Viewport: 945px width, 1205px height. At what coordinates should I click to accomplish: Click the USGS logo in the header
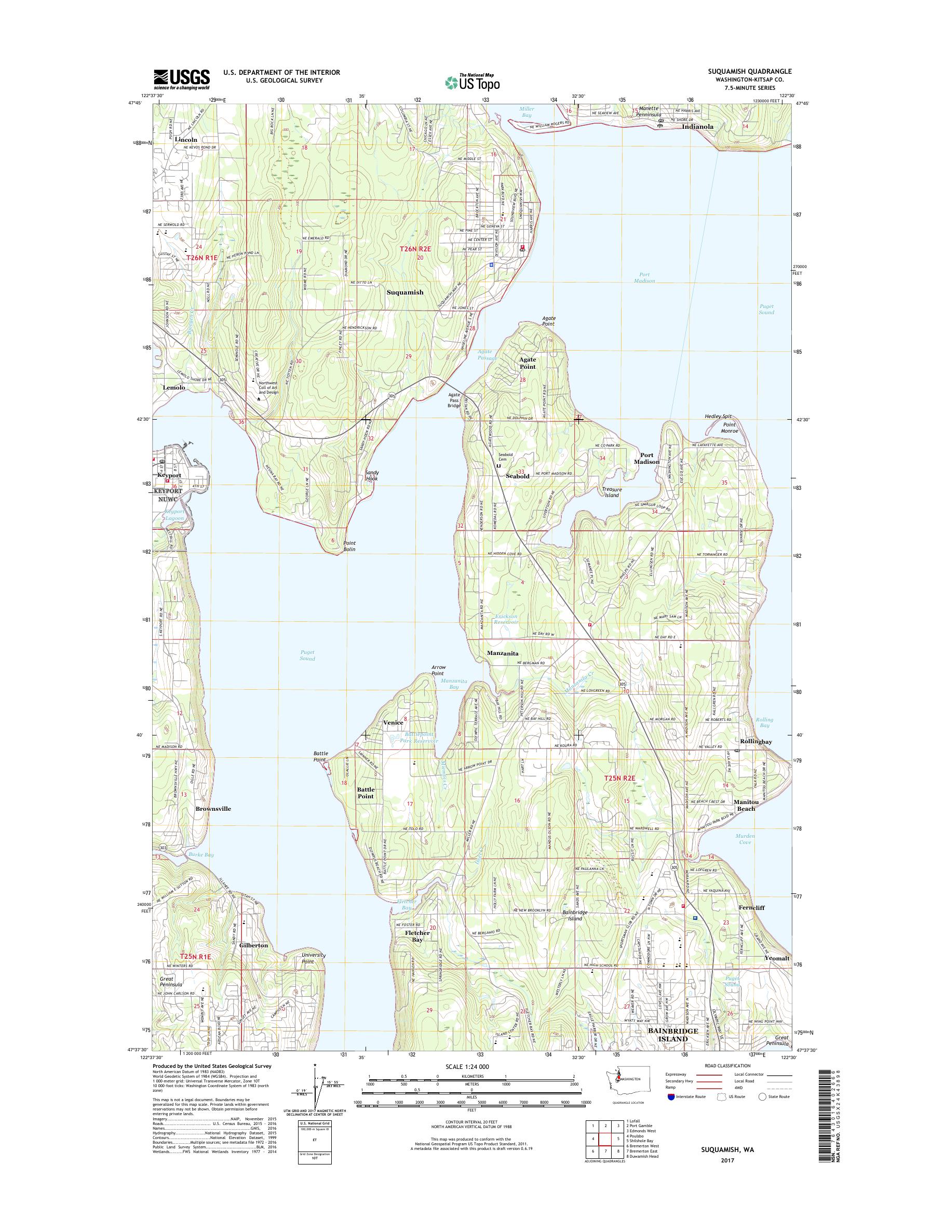click(x=182, y=79)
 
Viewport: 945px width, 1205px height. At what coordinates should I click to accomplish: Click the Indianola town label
click(x=698, y=126)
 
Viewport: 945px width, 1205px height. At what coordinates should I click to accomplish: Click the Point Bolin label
click(x=348, y=546)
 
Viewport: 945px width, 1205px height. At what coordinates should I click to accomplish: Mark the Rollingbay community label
click(x=756, y=741)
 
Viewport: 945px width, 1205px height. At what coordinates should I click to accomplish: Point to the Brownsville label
click(x=213, y=809)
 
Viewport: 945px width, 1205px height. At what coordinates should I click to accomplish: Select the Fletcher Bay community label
click(x=417, y=936)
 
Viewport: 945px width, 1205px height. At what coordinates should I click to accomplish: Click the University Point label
click(x=314, y=958)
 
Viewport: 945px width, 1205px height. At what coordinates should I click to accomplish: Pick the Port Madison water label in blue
click(x=644, y=277)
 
